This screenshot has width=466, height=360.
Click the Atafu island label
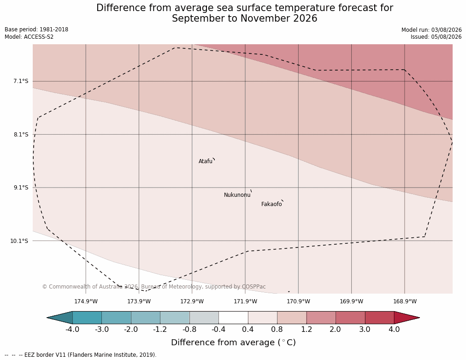click(x=206, y=161)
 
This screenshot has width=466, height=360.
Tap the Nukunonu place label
click(x=237, y=195)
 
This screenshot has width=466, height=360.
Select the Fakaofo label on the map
click(x=271, y=204)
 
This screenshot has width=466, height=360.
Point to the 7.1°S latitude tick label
click(x=21, y=81)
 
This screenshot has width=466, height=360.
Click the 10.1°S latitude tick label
click(x=19, y=241)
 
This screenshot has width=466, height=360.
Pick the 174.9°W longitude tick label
click(x=86, y=301)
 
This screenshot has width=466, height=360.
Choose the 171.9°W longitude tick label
click(x=246, y=301)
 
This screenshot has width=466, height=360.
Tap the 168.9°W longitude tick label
click(x=405, y=301)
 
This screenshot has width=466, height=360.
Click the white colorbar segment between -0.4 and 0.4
click(x=233, y=318)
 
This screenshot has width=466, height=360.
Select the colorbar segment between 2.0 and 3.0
click(x=350, y=318)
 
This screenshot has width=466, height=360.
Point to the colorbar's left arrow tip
click(x=47, y=318)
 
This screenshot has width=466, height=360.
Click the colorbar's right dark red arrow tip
click(x=419, y=318)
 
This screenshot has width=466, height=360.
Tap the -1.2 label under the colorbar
click(x=160, y=330)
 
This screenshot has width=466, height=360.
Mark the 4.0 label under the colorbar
click(x=394, y=330)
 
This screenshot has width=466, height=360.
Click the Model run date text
click(x=431, y=30)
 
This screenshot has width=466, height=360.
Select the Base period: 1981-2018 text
click(x=36, y=30)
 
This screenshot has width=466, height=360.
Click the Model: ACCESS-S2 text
click(x=29, y=37)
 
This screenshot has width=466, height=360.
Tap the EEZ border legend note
click(x=81, y=355)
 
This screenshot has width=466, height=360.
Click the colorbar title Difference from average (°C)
click(x=233, y=342)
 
